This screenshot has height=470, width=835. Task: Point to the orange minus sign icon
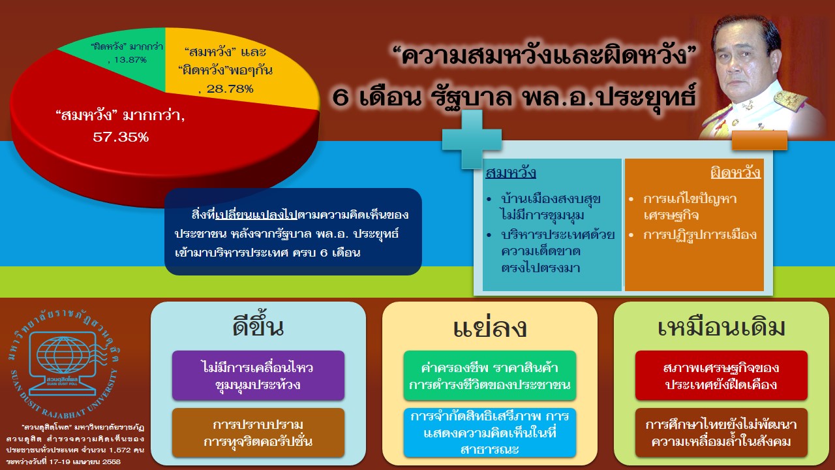click(x=759, y=140)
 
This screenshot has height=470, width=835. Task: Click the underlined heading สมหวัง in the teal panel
click(x=511, y=173)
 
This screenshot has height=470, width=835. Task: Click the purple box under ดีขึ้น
click(x=258, y=375)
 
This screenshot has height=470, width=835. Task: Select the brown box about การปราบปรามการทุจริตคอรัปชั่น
click(x=258, y=433)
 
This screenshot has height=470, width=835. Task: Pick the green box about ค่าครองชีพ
click(x=489, y=375)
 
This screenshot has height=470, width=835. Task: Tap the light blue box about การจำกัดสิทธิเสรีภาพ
click(x=489, y=433)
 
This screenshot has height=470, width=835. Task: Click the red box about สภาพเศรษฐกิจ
click(x=721, y=375)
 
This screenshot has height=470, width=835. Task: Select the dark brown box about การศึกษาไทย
click(x=721, y=433)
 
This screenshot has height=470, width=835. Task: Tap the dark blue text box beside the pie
click(x=293, y=232)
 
